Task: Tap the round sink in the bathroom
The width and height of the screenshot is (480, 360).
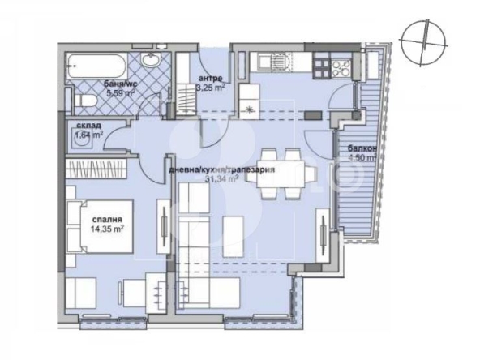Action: [x=151, y=62]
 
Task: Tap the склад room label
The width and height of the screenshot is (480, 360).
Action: [x=88, y=126]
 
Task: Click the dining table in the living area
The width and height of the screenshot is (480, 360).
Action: [x=283, y=173]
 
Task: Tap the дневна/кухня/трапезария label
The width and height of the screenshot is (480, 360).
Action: [x=220, y=169]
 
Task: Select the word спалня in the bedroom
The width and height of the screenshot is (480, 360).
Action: [x=105, y=220]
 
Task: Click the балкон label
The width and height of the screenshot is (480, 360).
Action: [x=360, y=148]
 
